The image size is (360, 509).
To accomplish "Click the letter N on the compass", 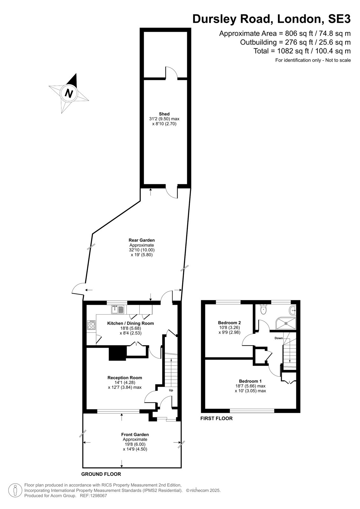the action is (x=69, y=93).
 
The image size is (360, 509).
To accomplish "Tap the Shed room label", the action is (x=164, y=114).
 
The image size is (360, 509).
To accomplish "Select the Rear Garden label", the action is (x=141, y=240).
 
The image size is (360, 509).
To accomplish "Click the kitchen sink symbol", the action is (x=117, y=309).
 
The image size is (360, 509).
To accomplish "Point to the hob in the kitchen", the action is (x=91, y=325).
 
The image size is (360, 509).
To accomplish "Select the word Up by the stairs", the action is (x=171, y=390).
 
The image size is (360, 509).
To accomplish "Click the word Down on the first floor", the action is (x=279, y=338).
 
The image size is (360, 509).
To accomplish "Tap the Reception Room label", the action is (x=125, y=377).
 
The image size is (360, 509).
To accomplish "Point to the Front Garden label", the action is (x=135, y=434).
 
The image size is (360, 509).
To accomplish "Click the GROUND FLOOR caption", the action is (x=101, y=474).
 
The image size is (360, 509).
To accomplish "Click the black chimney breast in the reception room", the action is (x=117, y=353).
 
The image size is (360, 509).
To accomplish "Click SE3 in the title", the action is (x=339, y=19).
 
